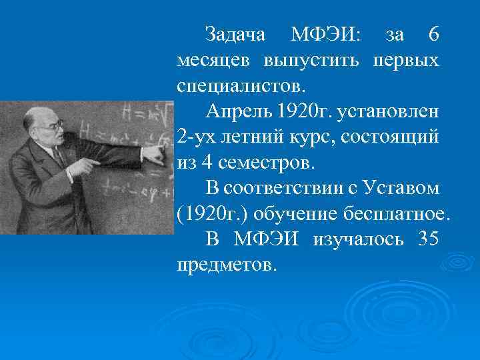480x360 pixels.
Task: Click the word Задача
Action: [235, 35]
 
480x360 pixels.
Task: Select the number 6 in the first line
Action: [432, 35]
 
